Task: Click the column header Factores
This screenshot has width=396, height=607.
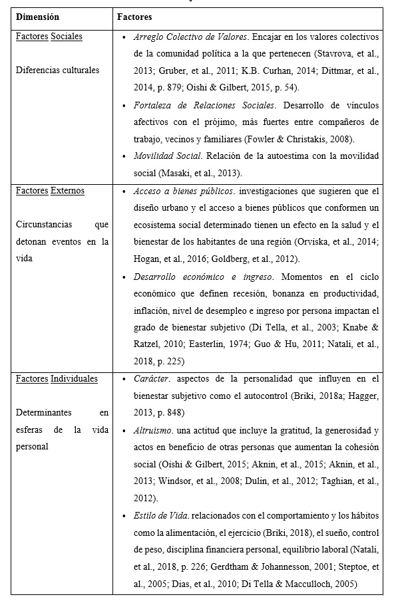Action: (x=134, y=17)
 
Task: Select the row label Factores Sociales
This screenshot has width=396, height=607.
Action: (x=49, y=36)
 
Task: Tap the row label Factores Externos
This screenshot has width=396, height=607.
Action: (x=51, y=191)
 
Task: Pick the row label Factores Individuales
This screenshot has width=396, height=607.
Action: (x=57, y=379)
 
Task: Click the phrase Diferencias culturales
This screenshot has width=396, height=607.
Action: (x=57, y=70)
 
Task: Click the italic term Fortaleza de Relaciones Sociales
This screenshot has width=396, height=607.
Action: (x=204, y=105)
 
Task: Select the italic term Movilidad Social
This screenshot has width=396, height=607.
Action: (x=168, y=156)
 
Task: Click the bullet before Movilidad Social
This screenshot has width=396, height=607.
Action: (x=126, y=156)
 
